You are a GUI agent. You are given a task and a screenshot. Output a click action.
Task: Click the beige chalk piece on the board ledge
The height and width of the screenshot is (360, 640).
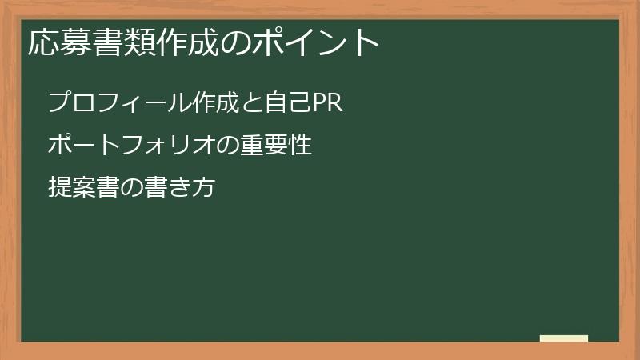[564, 338]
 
